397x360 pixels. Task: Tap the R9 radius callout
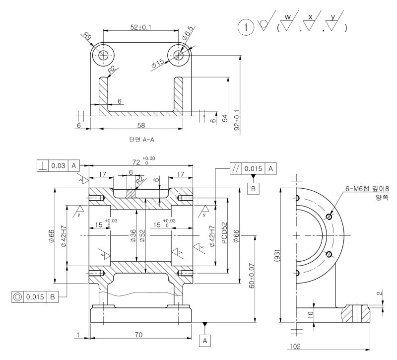tap(88, 36)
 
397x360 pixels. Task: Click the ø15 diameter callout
tap(157, 64)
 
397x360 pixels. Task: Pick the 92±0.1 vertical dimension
tap(237, 120)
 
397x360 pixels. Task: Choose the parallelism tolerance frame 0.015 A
tap(253, 169)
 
